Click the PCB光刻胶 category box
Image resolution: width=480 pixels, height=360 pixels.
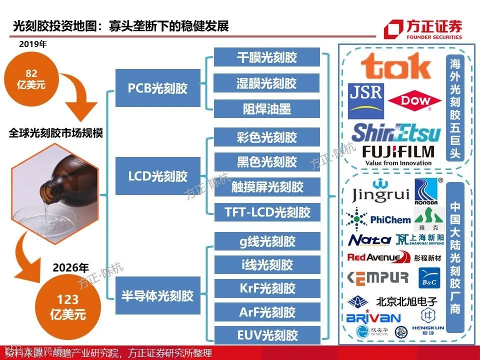click(x=157, y=88)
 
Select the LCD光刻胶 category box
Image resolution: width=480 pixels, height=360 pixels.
click(x=157, y=176)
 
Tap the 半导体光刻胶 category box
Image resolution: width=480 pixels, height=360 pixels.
click(x=157, y=295)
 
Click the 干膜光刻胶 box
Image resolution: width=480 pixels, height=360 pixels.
click(x=266, y=57)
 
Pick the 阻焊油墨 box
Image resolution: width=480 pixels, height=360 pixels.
click(x=266, y=109)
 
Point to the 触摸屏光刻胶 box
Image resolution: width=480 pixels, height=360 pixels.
click(x=266, y=187)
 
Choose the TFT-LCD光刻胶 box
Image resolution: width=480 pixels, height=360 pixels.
click(x=266, y=212)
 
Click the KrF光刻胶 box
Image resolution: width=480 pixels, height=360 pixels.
click(x=266, y=288)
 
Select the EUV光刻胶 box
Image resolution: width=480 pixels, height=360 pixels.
click(x=266, y=334)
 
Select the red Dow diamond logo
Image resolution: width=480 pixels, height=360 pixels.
click(x=416, y=101)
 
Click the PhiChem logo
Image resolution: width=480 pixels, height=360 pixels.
click(x=378, y=219)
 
